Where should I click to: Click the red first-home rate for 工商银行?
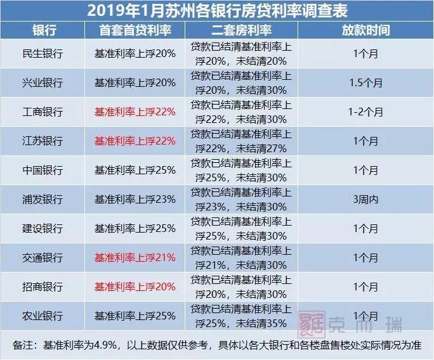(x=135, y=112)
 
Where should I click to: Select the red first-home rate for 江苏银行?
(x=135, y=141)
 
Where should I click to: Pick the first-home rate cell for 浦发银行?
(x=135, y=200)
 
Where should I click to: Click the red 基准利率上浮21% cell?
(x=135, y=258)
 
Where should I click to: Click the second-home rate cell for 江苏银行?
(x=240, y=141)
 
